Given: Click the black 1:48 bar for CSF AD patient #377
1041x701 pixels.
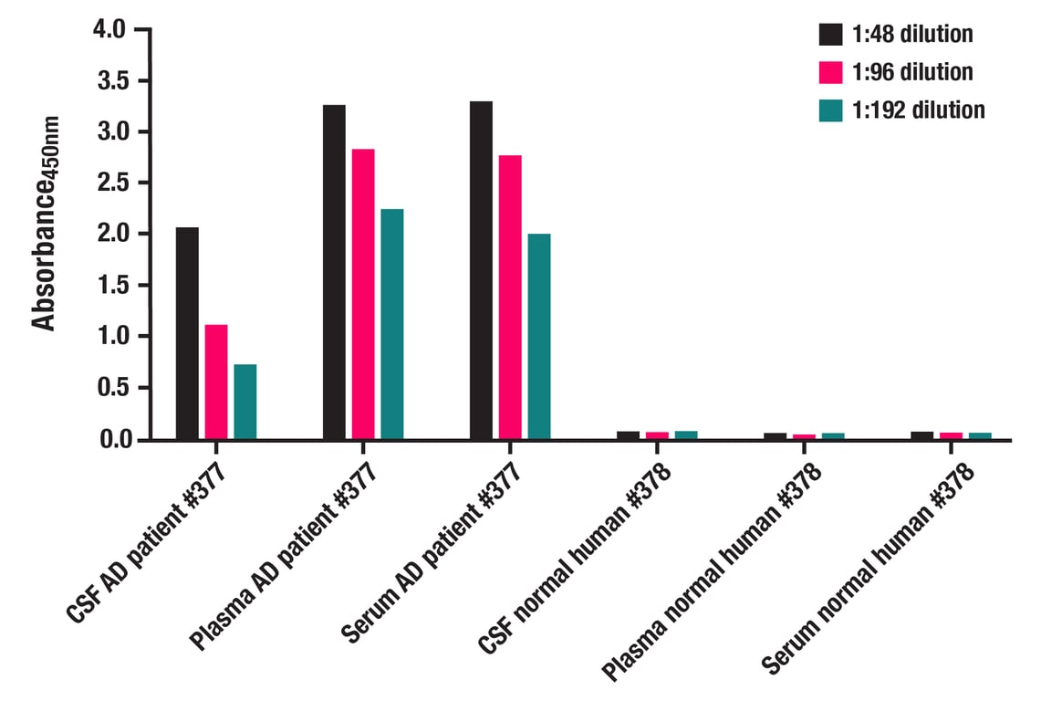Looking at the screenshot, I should [x=187, y=333].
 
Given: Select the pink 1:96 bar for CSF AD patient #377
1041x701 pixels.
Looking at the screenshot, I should [x=216, y=382].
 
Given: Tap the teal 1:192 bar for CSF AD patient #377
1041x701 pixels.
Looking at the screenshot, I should [x=245, y=402].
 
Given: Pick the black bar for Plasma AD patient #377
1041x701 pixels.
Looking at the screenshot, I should [x=334, y=272].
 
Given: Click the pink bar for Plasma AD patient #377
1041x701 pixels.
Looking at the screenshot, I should [x=363, y=294].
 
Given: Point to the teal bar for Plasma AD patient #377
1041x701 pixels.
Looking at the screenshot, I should [x=392, y=324].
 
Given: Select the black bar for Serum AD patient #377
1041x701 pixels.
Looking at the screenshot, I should [x=481, y=270].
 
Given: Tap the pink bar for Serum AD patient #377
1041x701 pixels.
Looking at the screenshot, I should [x=510, y=297].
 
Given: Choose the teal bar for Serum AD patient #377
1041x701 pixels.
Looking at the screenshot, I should [x=539, y=336].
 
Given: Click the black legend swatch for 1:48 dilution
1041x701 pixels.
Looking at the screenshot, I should [x=829, y=35].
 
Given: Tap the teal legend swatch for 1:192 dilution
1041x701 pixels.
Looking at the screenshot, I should [x=829, y=110].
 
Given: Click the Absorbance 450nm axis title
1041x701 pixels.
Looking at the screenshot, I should [x=45, y=224].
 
